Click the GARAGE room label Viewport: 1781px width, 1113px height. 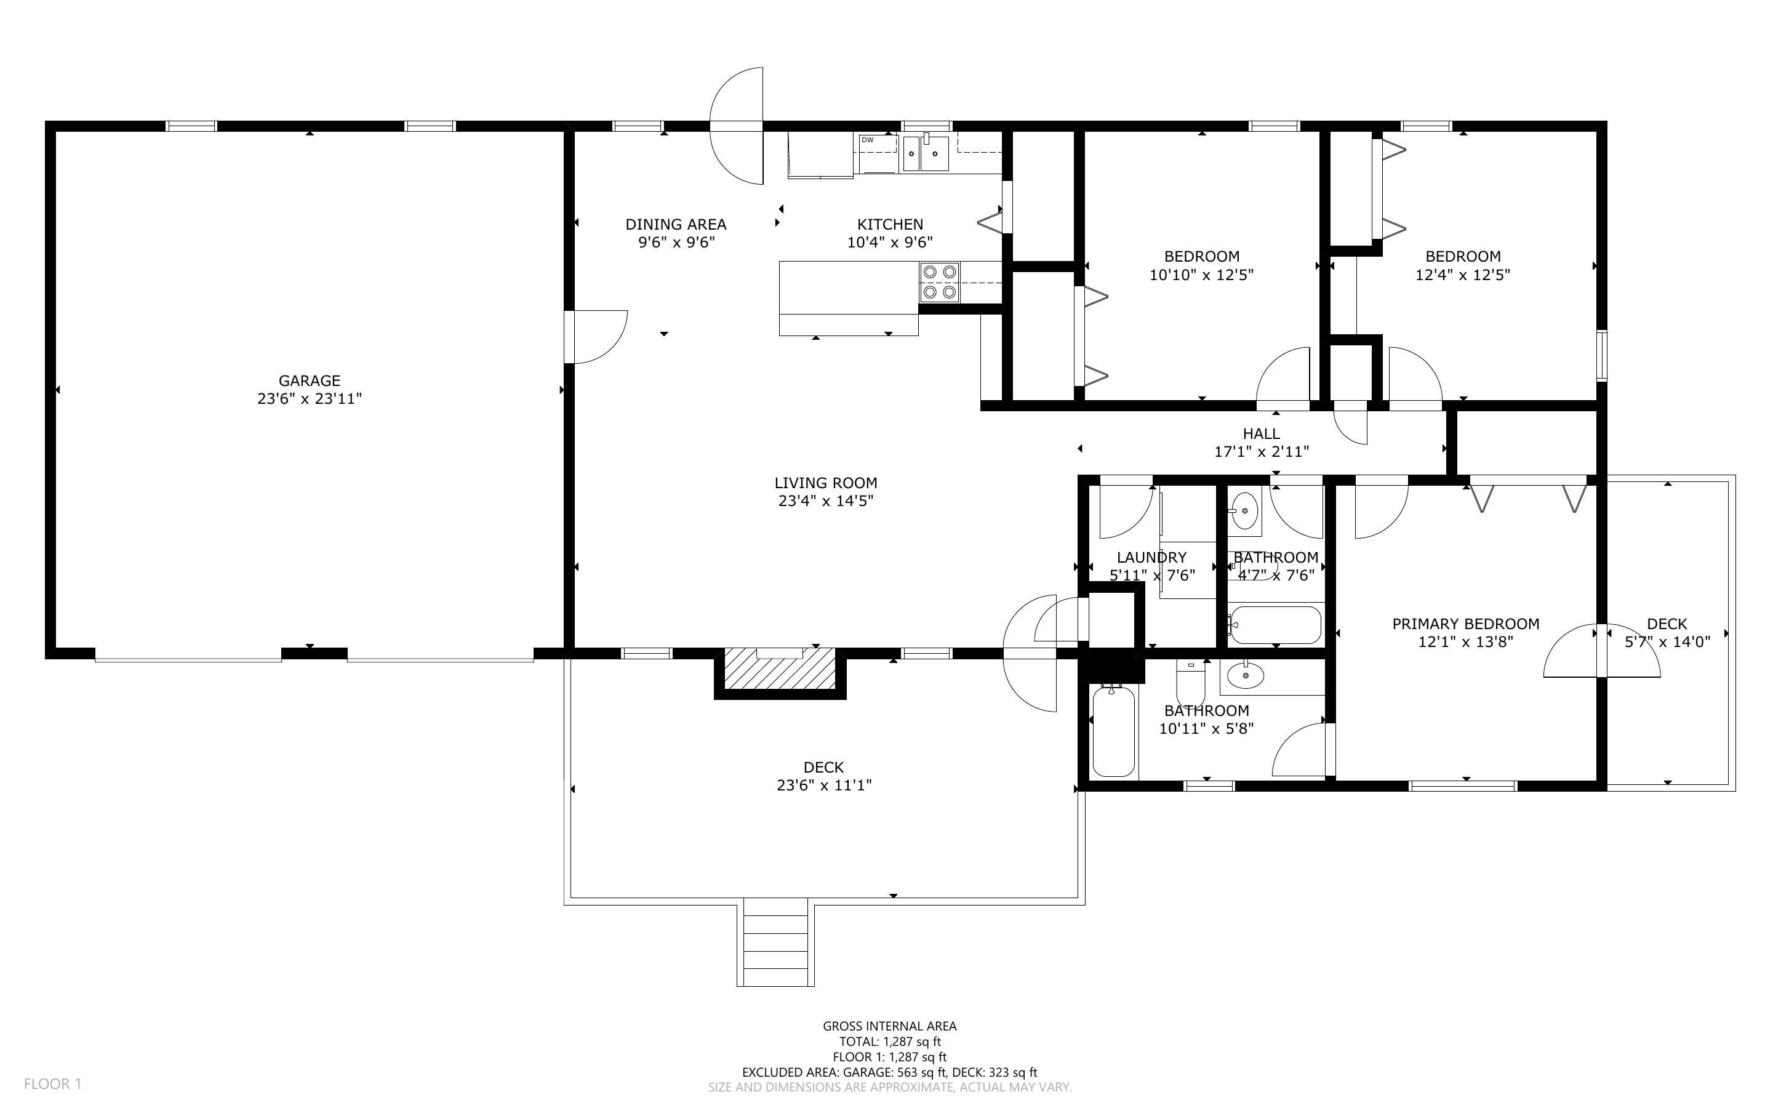[309, 380]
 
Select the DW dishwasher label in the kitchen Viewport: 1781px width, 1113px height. [867, 140]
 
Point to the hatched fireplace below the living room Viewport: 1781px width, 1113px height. [780, 669]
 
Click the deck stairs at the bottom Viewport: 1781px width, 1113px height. [775, 944]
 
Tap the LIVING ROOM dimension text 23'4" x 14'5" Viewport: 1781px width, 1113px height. [825, 501]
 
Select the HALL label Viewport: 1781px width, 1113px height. [1261, 433]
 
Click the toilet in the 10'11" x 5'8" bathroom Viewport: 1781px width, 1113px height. [1190, 685]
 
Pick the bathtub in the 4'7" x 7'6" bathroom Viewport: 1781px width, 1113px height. [1275, 625]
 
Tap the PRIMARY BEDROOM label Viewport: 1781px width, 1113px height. [1465, 624]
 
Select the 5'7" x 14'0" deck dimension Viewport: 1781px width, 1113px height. [1667, 642]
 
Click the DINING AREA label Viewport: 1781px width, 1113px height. [675, 225]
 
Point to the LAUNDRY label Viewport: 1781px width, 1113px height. [1151, 557]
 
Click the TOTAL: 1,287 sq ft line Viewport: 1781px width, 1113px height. [889, 1042]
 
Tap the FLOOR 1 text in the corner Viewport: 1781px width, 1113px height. [52, 1083]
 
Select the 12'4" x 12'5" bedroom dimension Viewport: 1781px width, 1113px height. [1462, 275]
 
